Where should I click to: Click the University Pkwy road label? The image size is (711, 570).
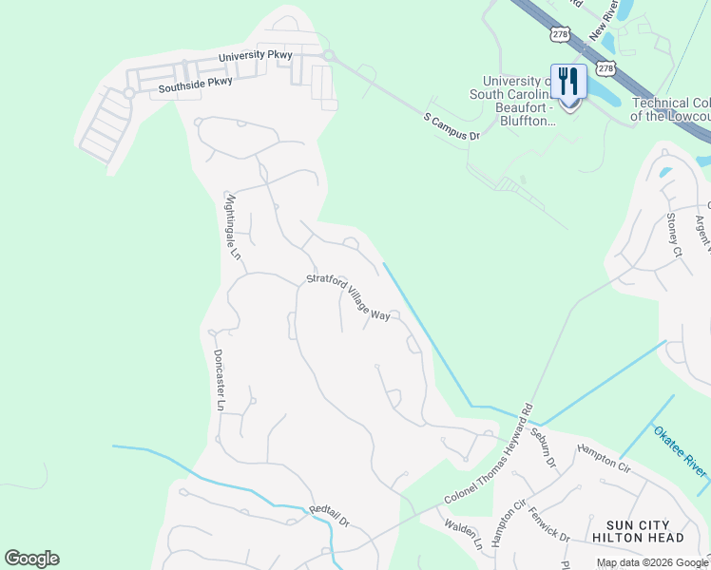click(255, 57)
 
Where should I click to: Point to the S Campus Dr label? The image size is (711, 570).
click(452, 129)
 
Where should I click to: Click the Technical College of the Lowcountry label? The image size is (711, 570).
click(671, 109)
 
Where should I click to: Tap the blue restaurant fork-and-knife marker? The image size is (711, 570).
click(568, 83)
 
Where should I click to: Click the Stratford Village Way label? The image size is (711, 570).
click(348, 296)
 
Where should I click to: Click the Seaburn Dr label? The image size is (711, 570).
click(543, 443)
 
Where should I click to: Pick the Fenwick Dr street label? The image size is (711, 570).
click(550, 523)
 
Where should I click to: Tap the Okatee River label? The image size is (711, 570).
click(680, 452)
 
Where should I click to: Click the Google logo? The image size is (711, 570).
click(31, 559)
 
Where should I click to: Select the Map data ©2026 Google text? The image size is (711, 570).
click(652, 562)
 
